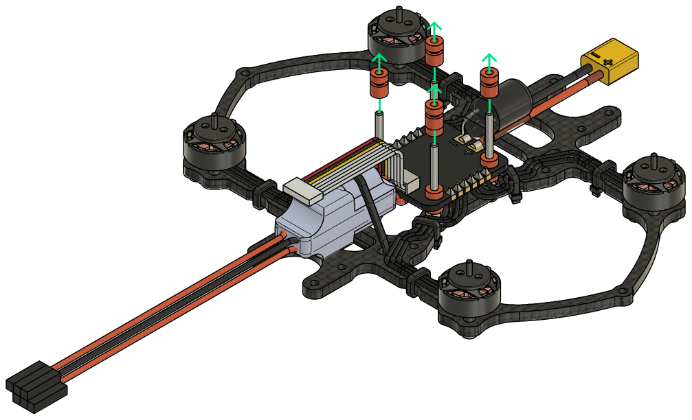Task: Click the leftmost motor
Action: (x=214, y=147)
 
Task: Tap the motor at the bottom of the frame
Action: (x=469, y=294)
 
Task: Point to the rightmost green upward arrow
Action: (x=489, y=60)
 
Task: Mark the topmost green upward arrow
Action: (x=434, y=29)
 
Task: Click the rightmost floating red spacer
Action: (x=489, y=83)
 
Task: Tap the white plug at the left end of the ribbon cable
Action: (x=302, y=190)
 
